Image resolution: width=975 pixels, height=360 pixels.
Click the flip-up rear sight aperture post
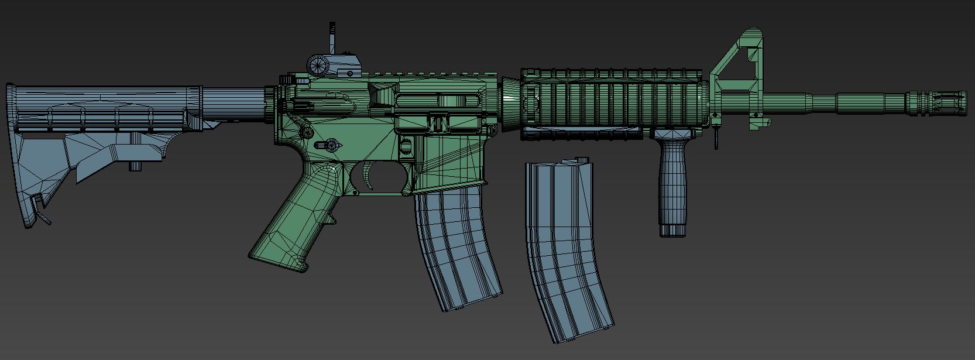pos(332,38)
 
